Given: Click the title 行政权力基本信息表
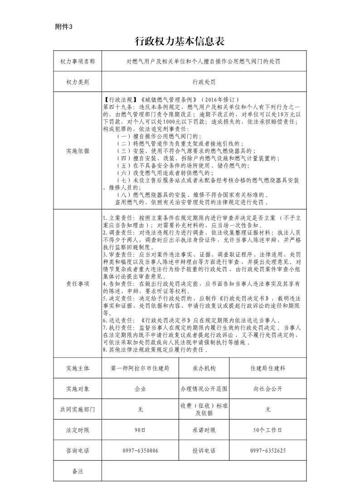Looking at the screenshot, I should tap(180, 42).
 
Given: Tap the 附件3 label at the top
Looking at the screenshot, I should tap(63, 26).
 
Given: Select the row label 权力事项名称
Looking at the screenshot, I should tap(78, 61).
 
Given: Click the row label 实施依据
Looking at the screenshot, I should tap(78, 150).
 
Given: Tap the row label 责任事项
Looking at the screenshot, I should tap(78, 283).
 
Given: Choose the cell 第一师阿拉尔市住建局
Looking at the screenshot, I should tap(140, 368).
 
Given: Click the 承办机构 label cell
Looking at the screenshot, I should tap(204, 368).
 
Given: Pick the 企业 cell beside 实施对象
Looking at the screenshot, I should tap(140, 389).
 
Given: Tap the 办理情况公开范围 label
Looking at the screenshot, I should tap(204, 389).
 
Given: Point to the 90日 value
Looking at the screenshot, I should tap(140, 430).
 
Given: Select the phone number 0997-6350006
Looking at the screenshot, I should tap(140, 451).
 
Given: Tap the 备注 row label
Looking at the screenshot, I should tap(78, 471).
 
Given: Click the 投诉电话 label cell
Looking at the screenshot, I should tap(204, 451).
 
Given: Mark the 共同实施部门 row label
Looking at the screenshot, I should tap(78, 409).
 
